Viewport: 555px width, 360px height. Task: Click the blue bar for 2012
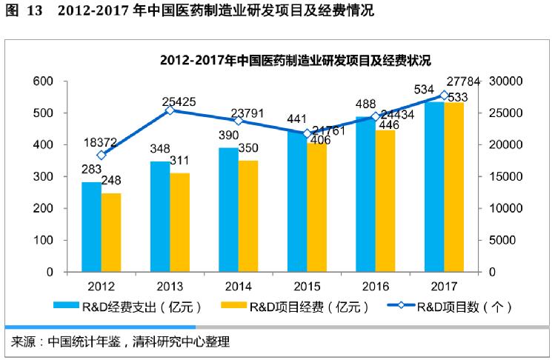pyautogui.click(x=92, y=227)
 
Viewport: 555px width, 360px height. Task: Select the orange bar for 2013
pyautogui.click(x=179, y=222)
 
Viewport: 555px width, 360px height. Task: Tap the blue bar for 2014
pyautogui.click(x=228, y=210)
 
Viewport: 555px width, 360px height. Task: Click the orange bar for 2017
pyautogui.click(x=453, y=187)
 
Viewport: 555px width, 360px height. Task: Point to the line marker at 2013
pyautogui.click(x=170, y=110)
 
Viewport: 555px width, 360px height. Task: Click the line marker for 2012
pyautogui.click(x=102, y=155)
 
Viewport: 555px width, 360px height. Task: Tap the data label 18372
pyautogui.click(x=102, y=141)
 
